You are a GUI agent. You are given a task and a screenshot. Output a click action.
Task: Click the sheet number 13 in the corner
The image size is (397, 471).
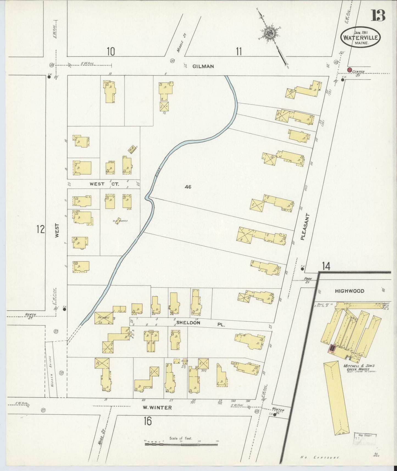(x=378, y=15)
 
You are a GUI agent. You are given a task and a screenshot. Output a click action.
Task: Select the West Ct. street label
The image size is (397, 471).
(x=104, y=184)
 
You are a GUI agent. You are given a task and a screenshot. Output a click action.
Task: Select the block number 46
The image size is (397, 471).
(x=188, y=187)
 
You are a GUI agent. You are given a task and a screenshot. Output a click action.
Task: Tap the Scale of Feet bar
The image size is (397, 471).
(x=181, y=444)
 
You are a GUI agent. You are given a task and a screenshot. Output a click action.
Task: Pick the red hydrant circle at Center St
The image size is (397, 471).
(x=349, y=70)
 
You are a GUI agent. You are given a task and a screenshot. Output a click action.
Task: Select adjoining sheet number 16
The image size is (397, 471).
(x=148, y=421)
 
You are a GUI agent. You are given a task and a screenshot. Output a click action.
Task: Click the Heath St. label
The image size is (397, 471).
(x=29, y=316)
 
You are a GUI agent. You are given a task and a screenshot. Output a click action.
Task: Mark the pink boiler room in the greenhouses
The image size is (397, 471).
(x=332, y=348)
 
